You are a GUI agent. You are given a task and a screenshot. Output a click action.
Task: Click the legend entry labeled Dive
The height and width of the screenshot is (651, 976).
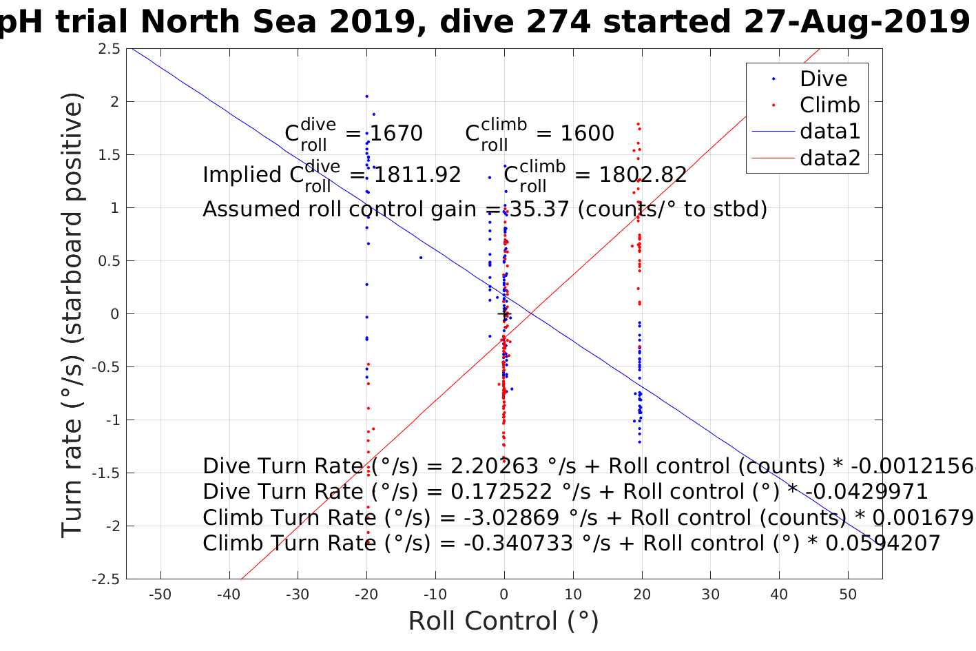click(x=823, y=79)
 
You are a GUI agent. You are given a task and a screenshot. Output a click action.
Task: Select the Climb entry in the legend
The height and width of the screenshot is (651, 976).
click(x=829, y=105)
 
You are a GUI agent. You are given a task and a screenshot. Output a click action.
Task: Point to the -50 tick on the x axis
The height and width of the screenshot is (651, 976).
click(x=160, y=595)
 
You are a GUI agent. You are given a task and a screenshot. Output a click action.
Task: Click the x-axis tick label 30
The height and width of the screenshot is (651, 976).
click(x=710, y=595)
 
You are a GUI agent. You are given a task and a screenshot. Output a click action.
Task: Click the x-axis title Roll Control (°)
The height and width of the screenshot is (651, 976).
click(x=503, y=621)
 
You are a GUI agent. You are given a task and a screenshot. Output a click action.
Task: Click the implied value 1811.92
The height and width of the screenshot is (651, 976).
click(x=417, y=175)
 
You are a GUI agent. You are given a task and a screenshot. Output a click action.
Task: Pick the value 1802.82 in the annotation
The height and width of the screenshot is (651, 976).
click(x=642, y=175)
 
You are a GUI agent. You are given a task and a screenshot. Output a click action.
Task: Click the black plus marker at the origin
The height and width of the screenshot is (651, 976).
click(x=503, y=314)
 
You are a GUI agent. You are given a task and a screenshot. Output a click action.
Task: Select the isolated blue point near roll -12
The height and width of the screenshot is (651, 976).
click(x=421, y=258)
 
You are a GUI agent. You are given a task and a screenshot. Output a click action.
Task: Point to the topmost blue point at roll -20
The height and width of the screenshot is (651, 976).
click(x=366, y=96)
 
